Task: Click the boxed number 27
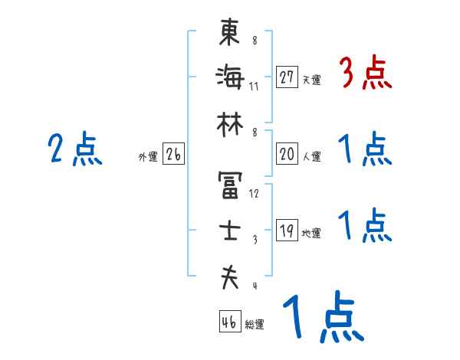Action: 287,77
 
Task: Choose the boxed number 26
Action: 173,155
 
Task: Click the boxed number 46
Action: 228,322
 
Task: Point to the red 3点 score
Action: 365,74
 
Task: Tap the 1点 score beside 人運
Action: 365,149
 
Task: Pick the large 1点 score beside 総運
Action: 322,318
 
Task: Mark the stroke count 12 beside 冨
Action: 255,194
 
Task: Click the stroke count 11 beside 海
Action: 254,86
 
